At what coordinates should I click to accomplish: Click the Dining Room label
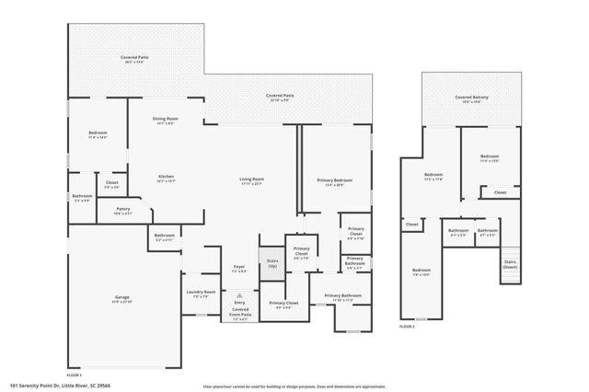166,121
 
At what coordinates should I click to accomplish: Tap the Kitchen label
166,179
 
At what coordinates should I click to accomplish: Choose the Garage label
121,299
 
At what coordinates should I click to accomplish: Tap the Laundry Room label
200,295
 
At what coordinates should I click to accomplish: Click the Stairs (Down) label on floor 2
509,263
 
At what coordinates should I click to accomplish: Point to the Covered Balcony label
469,98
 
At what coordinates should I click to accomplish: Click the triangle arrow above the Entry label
239,295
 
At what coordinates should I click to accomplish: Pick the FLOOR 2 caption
407,326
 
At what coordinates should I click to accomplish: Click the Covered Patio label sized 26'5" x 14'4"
135,60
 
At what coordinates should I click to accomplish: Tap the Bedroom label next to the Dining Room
98,135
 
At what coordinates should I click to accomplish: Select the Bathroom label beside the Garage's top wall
165,236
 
